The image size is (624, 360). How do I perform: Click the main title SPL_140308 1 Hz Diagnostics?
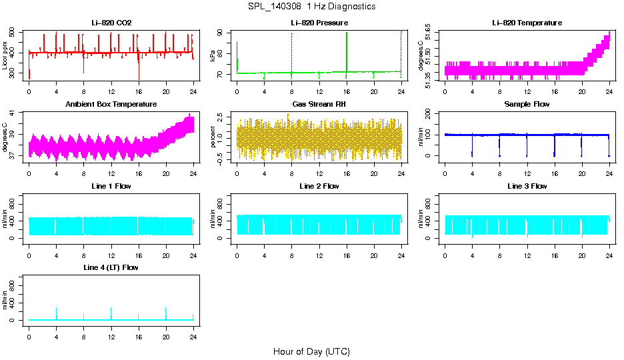(311, 6)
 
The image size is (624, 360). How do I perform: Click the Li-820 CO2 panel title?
(111, 23)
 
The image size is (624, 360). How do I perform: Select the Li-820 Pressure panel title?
(319, 23)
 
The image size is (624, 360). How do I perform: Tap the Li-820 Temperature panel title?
(527, 23)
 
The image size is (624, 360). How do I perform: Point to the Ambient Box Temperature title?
(111, 104)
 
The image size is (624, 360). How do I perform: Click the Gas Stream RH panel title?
(319, 104)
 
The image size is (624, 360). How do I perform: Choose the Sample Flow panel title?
(527, 104)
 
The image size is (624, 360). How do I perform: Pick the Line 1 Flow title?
(111, 186)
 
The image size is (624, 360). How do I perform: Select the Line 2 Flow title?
(319, 186)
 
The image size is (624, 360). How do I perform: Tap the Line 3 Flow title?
(527, 186)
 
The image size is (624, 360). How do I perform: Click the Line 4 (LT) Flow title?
(111, 267)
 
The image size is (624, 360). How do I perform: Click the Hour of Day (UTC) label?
(311, 351)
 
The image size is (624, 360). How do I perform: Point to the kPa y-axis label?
(213, 55)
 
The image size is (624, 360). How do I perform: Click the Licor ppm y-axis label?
(5, 55)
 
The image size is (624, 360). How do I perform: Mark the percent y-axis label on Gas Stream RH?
(213, 137)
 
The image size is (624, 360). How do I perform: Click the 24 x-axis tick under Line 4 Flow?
(193, 337)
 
